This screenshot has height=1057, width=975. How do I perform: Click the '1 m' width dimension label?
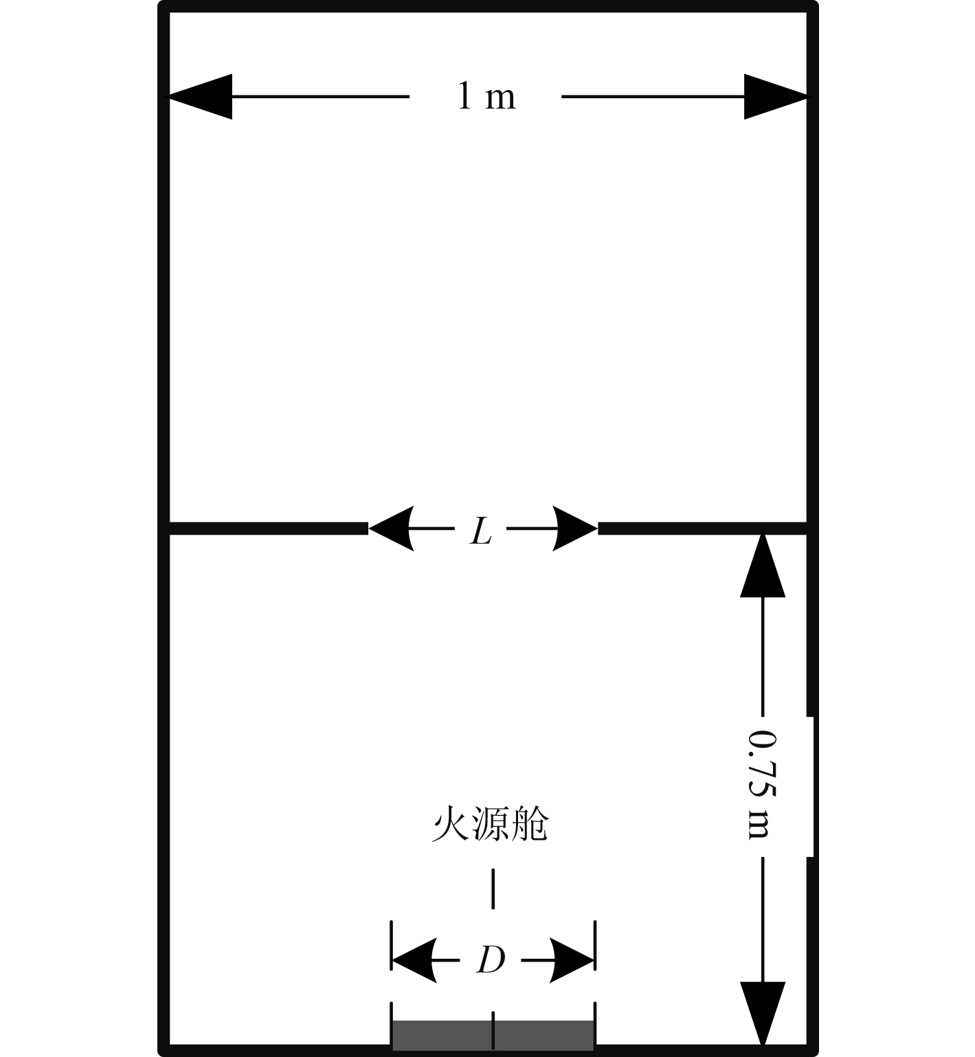pyautogui.click(x=486, y=96)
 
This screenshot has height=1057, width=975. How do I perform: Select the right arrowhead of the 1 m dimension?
pyautogui.click(x=775, y=97)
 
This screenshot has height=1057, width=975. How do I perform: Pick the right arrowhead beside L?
pyautogui.click(x=574, y=528)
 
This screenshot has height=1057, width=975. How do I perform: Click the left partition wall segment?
pyautogui.click(x=268, y=528)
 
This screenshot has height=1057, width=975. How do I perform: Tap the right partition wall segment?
pyautogui.click(x=701, y=528)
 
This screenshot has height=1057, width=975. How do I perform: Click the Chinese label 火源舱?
pyautogui.click(x=490, y=824)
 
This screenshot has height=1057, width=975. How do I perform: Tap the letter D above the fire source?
pyautogui.click(x=491, y=959)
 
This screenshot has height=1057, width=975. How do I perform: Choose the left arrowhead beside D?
pyautogui.click(x=414, y=959)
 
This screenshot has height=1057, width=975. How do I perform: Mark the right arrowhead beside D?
pyautogui.click(x=572, y=959)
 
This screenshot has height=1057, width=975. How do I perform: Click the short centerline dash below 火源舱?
pyautogui.click(x=493, y=889)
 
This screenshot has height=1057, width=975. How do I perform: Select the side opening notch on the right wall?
pyautogui.click(x=811, y=786)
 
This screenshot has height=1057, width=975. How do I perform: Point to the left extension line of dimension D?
pyautogui.click(x=392, y=945)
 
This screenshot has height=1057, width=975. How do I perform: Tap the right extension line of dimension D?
pyautogui.click(x=594, y=945)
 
